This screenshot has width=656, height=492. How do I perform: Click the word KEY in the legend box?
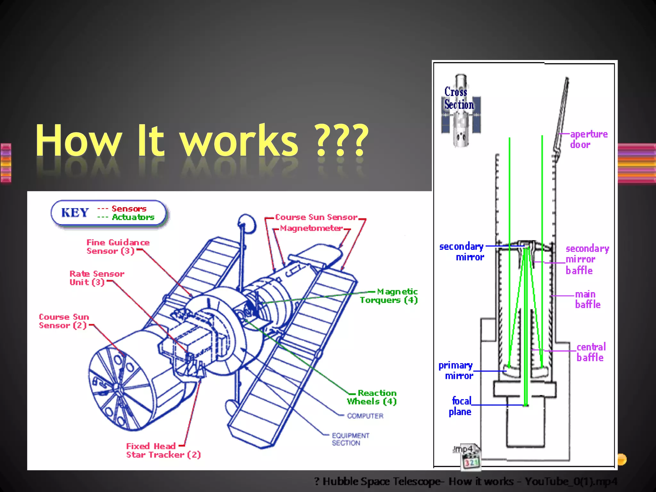(75, 212)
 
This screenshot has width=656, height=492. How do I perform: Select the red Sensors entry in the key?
(129, 209)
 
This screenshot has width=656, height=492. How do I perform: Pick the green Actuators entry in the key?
(133, 217)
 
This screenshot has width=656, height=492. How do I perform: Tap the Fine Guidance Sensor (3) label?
(118, 247)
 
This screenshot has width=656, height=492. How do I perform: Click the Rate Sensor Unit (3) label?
(96, 278)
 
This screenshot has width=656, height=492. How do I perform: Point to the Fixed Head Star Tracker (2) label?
(163, 450)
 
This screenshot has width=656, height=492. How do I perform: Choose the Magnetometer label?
(311, 228)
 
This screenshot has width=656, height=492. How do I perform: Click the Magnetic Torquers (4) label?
(389, 296)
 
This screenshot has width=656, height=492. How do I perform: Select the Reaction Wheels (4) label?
(372, 397)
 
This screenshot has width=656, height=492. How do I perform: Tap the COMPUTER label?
(365, 416)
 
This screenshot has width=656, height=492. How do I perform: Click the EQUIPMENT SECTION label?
(350, 439)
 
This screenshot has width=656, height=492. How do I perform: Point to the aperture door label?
(588, 139)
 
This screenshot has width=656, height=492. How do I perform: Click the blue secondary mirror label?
(462, 251)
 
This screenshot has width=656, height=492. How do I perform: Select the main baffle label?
(587, 299)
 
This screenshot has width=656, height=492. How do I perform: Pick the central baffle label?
(591, 352)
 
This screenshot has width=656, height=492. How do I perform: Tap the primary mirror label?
(456, 370)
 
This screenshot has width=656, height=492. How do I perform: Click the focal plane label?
(460, 406)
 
